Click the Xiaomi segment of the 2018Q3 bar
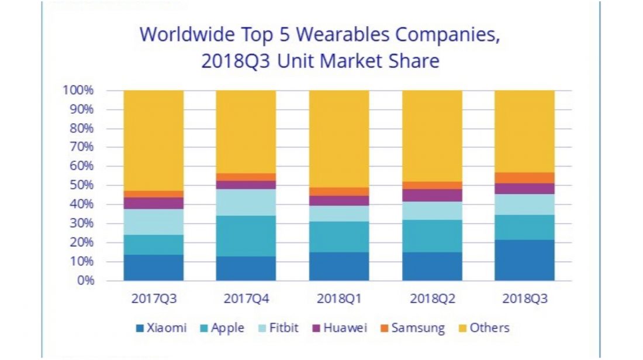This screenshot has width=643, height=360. pyautogui.click(x=524, y=260)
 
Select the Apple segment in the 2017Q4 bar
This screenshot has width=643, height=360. pyautogui.click(x=246, y=236)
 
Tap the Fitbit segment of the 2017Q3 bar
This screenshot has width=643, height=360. pyautogui.click(x=153, y=222)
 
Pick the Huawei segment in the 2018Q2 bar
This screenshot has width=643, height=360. pyautogui.click(x=432, y=195)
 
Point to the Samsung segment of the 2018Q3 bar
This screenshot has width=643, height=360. pyautogui.click(x=524, y=178)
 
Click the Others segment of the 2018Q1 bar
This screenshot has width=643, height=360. pyautogui.click(x=339, y=139)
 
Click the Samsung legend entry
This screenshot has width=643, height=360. pyautogui.click(x=412, y=328)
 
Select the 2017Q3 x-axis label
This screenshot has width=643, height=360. pyautogui.click(x=153, y=299)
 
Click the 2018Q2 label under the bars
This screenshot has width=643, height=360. pyautogui.click(x=432, y=299)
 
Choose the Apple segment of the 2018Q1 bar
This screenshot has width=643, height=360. pyautogui.click(x=339, y=237)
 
